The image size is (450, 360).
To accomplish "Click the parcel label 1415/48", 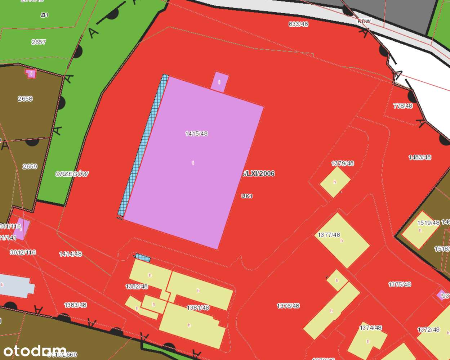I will point(196,134).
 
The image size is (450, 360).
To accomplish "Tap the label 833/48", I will point(298,24).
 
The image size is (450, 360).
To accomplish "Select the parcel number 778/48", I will point(403,106).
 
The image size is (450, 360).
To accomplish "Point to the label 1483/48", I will point(420,157).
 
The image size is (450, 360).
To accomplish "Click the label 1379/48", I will point(342,163).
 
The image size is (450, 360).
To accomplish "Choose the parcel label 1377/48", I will point(329,235).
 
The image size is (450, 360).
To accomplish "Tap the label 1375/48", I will point(400,284).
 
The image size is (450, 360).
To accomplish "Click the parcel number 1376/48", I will point(288,306).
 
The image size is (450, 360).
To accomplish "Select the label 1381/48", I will point(198,308).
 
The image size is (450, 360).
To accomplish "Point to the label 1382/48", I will point(137,287).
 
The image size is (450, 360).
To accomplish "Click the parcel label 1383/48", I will point(75,305).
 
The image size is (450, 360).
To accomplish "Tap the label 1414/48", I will point(70,254).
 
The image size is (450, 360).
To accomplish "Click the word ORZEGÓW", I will point(72,174).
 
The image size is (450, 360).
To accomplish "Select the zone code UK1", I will point(247,196).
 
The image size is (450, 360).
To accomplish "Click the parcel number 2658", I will point(25,98).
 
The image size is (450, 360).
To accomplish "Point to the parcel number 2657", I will point(39,42).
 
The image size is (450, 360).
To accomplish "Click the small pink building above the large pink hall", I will point(219,82).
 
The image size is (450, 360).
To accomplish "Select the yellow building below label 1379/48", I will point(335,182).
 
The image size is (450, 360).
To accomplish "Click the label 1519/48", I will point(428,223).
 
